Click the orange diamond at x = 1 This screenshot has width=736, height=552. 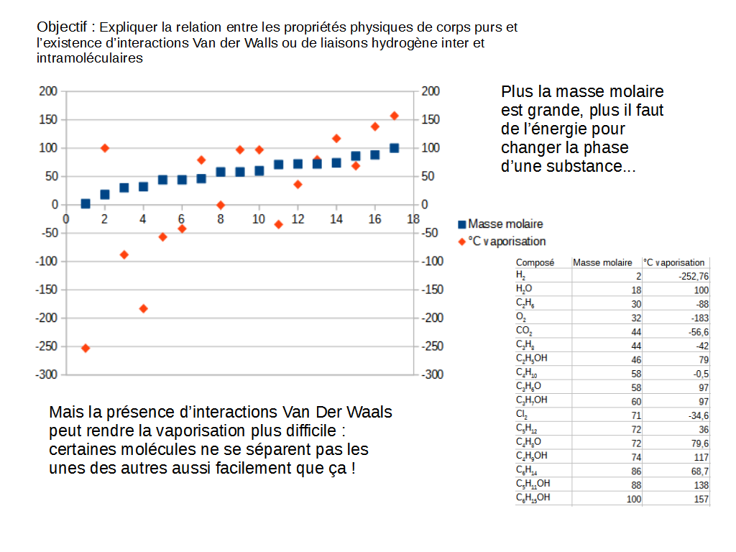[86, 348]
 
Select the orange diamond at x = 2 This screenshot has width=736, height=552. [105, 148]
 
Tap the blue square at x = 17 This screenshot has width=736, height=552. [394, 148]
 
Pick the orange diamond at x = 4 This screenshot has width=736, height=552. [143, 308]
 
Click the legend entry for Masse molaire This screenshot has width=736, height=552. [505, 224]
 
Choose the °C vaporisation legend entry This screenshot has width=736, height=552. [506, 241]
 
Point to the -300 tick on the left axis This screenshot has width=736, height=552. [47, 374]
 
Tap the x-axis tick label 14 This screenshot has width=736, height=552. [336, 219]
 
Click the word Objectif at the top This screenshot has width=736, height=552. [63, 27]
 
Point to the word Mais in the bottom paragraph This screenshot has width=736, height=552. [65, 413]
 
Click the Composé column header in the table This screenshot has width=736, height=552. [535, 263]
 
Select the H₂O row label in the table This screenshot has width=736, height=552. [524, 290]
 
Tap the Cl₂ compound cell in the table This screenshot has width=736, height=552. [522, 415]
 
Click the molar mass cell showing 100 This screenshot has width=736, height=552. [633, 499]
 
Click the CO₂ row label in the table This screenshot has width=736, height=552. [524, 331]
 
